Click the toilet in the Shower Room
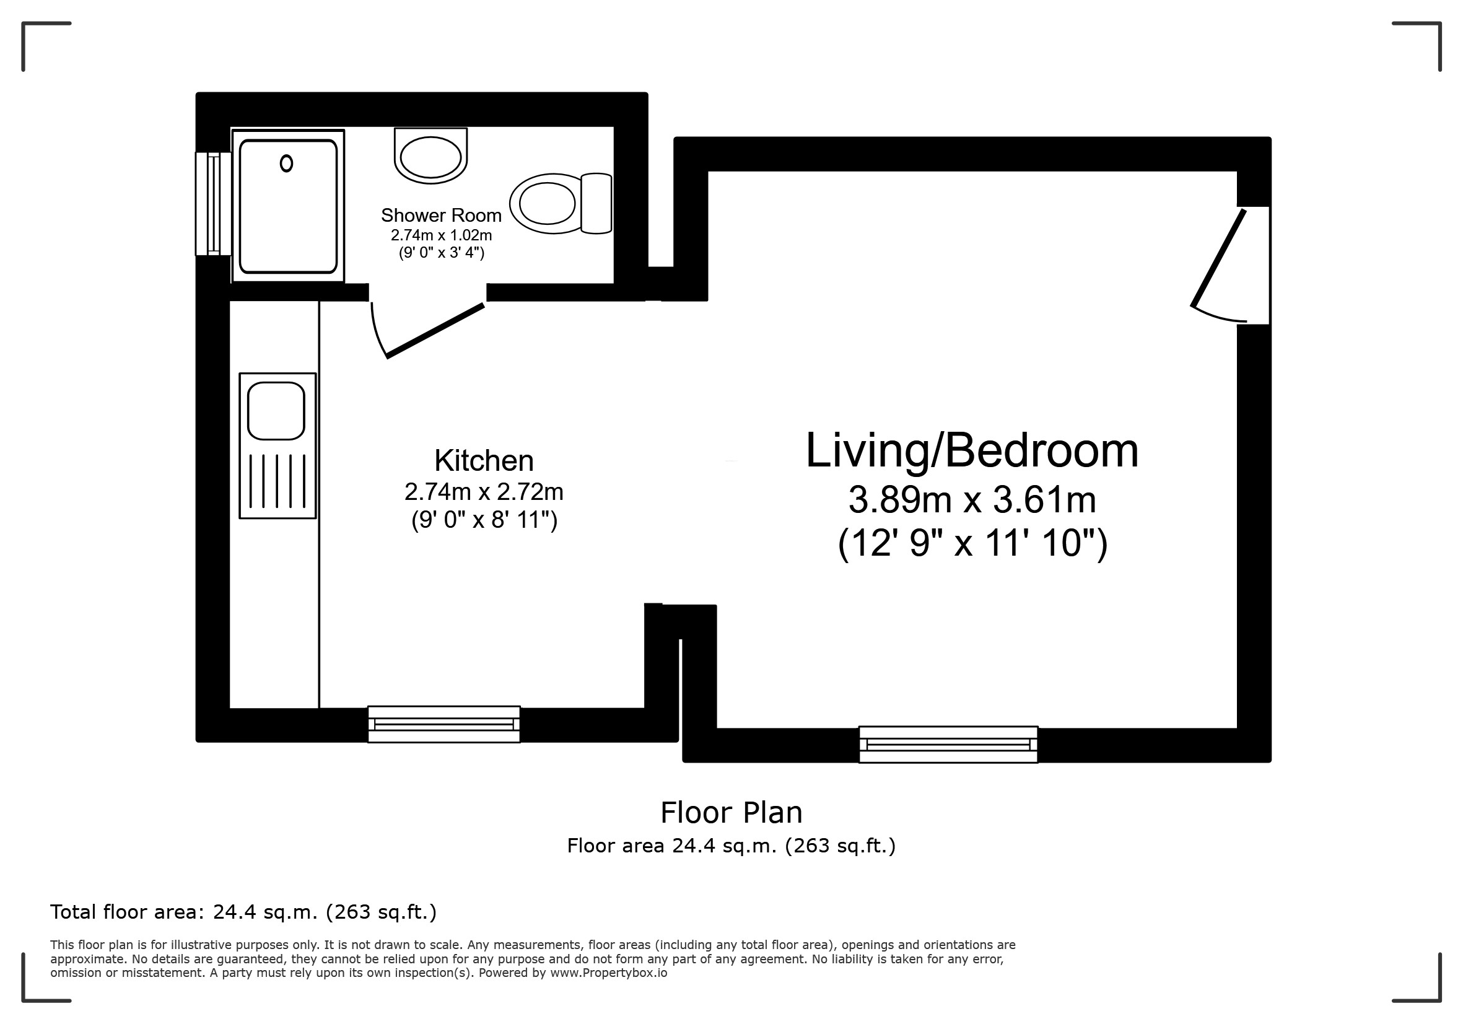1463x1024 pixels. [561, 203]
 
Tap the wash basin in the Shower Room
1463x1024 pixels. [430, 155]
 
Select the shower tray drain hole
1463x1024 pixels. [287, 164]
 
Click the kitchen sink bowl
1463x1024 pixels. [276, 411]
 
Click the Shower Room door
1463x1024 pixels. [427, 330]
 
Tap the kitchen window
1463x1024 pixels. [444, 724]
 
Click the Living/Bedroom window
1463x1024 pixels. [948, 744]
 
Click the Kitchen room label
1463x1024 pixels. [484, 460]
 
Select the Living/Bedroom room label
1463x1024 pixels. [972, 450]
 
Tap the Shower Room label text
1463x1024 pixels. [441, 216]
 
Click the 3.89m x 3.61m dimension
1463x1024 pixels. [972, 499]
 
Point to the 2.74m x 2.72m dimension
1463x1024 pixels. [484, 492]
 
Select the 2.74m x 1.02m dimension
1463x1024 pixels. [441, 235]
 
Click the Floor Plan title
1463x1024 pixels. [731, 812]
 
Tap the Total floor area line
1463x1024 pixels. [243, 912]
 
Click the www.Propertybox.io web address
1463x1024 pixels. [608, 973]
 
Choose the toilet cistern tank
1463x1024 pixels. [596, 203]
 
